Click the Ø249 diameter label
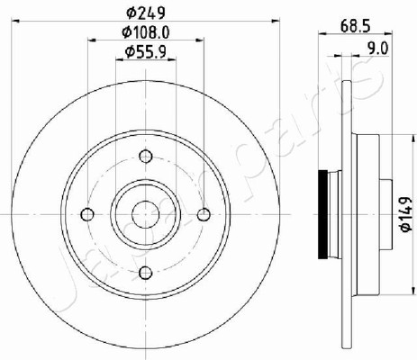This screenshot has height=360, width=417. coord(146,13)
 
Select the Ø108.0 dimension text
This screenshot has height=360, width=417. coord(146,32)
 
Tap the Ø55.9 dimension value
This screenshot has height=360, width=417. coord(146,52)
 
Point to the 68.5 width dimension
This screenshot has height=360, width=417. coord(356,26)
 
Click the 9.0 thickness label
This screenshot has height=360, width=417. coord(378,49)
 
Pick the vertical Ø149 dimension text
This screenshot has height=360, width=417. coord(406,214)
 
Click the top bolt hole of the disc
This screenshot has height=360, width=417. coord(146,156)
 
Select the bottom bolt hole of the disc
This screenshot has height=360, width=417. coord(146,273)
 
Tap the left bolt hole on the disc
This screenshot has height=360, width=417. coord(87,214)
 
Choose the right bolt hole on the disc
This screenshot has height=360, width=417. coord(204,214)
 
